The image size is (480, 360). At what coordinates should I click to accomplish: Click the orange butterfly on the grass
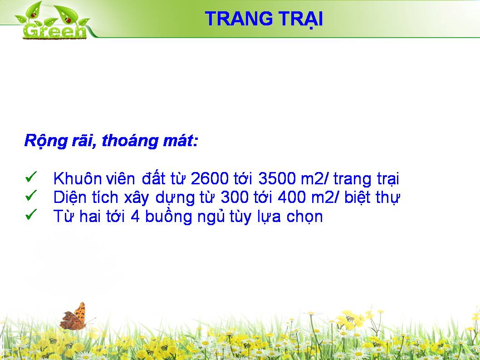[73, 316]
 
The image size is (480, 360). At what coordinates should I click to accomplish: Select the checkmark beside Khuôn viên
[31, 177]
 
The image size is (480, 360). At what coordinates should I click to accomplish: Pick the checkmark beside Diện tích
[31, 196]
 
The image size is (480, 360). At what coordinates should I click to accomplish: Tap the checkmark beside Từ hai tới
[31, 214]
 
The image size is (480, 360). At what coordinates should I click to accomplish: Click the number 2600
[210, 178]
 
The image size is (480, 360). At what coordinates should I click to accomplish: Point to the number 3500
[277, 178]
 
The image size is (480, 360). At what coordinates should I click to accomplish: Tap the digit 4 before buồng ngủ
[135, 216]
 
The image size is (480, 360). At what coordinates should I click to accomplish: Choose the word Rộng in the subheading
[46, 142]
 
